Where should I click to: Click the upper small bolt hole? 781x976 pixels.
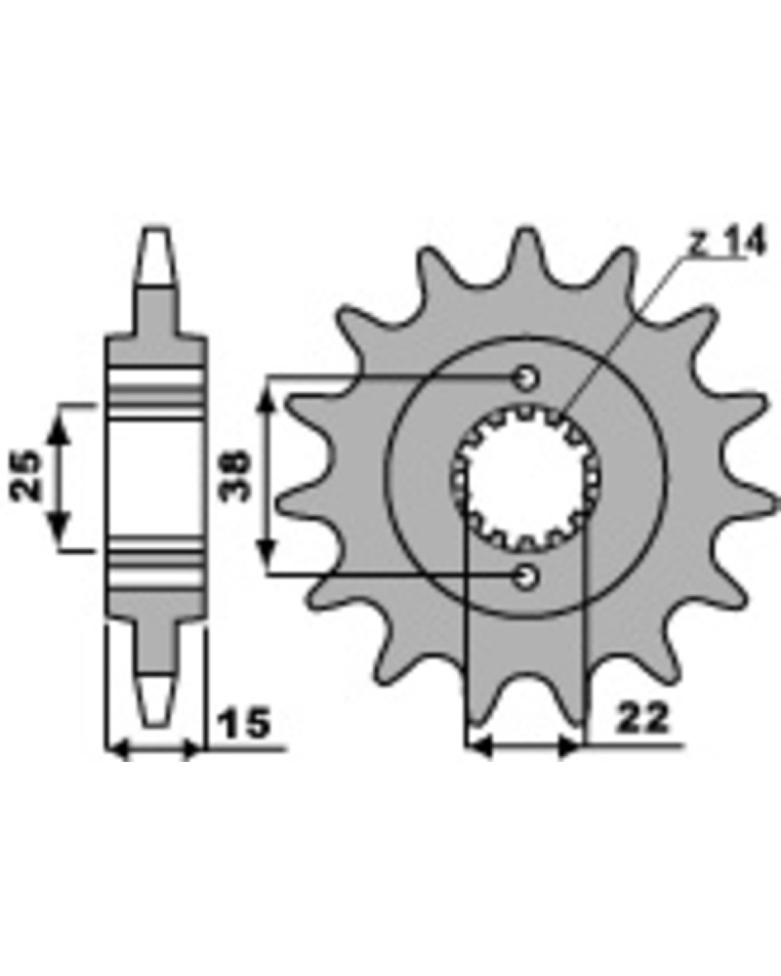(x=527, y=376)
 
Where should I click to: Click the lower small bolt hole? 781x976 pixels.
(x=526, y=577)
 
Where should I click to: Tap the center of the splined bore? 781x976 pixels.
(x=526, y=476)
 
